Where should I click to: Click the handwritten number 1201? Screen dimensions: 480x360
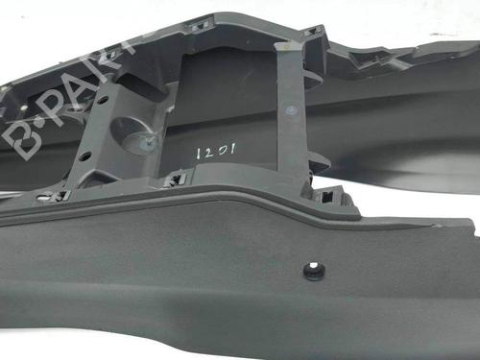tap(216, 150)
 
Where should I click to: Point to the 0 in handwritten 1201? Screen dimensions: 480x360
tap(222, 150)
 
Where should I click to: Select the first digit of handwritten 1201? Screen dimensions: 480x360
tap(199, 152)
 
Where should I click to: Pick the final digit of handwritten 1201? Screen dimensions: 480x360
tap(233, 148)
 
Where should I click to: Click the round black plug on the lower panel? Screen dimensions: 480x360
tap(314, 272)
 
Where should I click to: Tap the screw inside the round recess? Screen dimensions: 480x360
tap(148, 143)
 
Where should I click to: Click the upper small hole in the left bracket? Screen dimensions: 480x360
tap(102, 100)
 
